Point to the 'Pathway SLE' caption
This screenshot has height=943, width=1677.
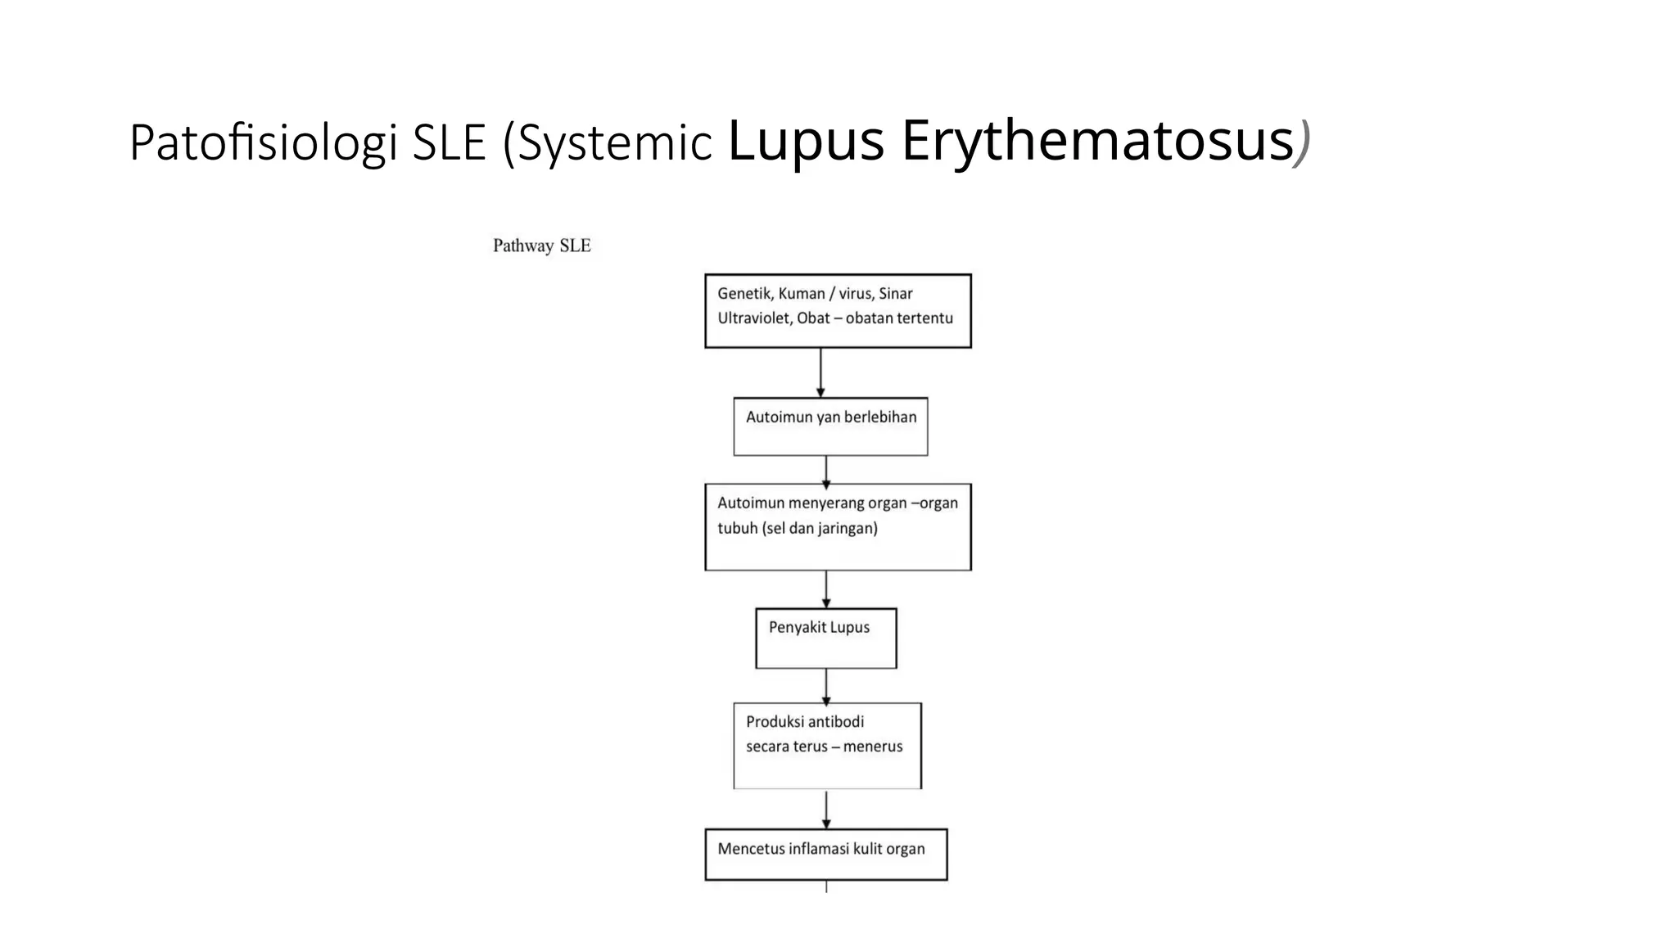[541, 246]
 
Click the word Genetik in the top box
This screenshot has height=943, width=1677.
[744, 293]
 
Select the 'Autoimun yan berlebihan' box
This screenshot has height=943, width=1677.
[830, 426]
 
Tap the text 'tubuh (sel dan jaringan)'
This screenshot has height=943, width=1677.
[797, 528]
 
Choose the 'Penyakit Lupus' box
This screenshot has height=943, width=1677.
[825, 638]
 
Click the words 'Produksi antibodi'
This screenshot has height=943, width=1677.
[804, 721]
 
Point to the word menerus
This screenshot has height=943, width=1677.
[873, 747]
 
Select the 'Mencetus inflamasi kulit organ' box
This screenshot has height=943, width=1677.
[825, 854]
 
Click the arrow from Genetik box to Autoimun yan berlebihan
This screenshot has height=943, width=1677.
[820, 372]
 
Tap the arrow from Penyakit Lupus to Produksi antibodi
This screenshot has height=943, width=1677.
[826, 685]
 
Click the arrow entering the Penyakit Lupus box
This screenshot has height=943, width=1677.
[826, 589]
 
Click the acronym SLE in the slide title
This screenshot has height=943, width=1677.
[449, 142]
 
